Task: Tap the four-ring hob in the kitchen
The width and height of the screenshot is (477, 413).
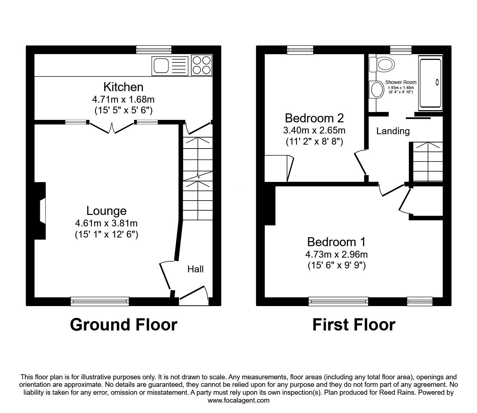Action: (202, 65)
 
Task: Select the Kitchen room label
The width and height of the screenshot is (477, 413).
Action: (123, 87)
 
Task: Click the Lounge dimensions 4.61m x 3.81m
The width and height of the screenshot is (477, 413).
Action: (106, 223)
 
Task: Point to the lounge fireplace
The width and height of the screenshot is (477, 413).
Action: (41, 211)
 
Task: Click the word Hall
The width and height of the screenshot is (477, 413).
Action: (195, 269)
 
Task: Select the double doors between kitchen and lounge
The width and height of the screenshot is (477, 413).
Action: (112, 126)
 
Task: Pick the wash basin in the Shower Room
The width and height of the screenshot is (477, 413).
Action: (376, 89)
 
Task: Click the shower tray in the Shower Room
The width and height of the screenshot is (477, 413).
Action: (430, 83)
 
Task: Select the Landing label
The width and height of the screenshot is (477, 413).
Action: (393, 131)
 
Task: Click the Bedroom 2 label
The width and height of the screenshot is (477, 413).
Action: (314, 118)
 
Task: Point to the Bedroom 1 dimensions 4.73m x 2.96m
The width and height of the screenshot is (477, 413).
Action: (337, 254)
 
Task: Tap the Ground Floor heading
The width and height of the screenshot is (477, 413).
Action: (124, 324)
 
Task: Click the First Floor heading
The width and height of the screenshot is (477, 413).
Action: (353, 324)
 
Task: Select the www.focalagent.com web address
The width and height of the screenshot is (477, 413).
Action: (239, 400)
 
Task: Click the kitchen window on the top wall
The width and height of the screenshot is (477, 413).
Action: (154, 50)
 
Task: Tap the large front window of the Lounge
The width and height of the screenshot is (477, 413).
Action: (100, 301)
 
